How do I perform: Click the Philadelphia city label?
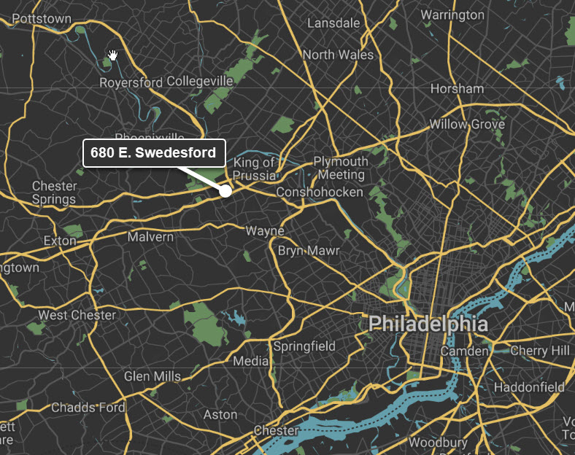(428, 324)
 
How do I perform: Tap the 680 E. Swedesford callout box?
(153, 153)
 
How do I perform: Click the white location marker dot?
(225, 190)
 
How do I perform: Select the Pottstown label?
(42, 19)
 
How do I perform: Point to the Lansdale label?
(333, 23)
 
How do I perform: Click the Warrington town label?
(452, 15)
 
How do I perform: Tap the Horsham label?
(457, 89)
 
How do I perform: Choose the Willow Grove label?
(467, 124)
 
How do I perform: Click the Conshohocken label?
(320, 192)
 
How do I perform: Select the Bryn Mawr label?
(309, 250)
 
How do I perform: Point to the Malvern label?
(150, 237)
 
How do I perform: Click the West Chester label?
(77, 315)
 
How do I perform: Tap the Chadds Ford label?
(88, 407)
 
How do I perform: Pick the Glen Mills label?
(153, 376)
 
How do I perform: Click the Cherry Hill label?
(540, 351)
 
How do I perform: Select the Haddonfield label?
(529, 386)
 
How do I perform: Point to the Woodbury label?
(438, 443)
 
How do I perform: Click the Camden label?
(464, 351)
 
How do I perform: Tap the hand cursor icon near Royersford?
(113, 55)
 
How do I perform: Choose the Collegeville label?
(200, 81)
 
